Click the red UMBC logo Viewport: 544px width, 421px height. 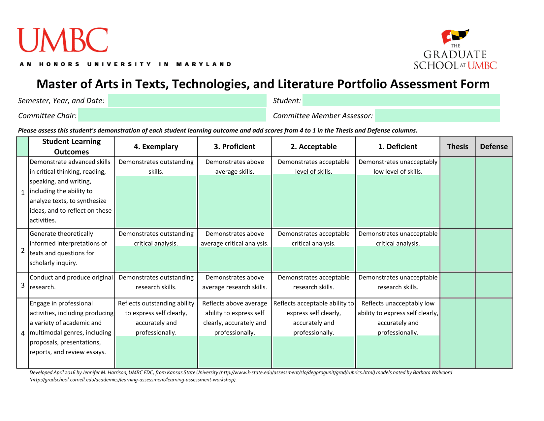[x=62, y=40]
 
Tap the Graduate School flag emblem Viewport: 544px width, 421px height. [x=455, y=36]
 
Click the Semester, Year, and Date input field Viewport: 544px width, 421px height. [x=187, y=100]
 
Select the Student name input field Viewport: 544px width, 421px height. [x=401, y=100]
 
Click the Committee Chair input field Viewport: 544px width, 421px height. [x=172, y=115]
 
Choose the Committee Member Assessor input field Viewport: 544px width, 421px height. [x=437, y=116]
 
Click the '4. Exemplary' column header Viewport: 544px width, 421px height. [x=156, y=147]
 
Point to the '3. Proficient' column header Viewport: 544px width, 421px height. [x=235, y=147]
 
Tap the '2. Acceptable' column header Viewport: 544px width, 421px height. [x=313, y=147]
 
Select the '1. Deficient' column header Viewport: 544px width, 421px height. [x=398, y=147]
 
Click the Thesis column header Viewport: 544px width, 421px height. [x=458, y=147]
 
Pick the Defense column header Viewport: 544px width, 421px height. [x=494, y=147]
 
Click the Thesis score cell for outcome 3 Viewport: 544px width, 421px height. [x=458, y=285]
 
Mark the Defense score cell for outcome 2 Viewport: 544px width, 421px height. [x=494, y=250]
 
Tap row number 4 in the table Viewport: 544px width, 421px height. [x=23, y=333]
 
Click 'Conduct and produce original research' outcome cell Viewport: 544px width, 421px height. [x=71, y=282]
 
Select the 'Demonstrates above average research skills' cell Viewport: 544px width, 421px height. [x=235, y=282]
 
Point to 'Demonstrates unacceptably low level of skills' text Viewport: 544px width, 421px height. [x=398, y=167]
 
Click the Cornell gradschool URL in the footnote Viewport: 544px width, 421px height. [x=133, y=380]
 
